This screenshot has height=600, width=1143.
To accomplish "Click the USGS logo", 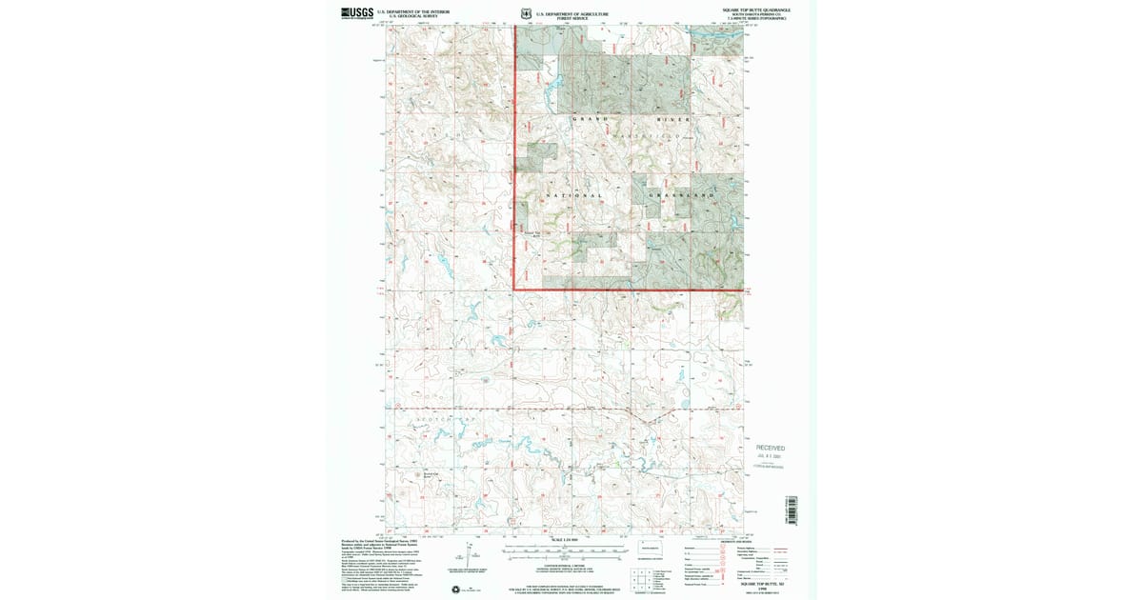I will click(358, 12).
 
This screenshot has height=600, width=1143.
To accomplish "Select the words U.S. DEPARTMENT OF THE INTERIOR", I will click(412, 10).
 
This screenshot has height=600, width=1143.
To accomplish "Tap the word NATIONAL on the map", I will click(574, 195).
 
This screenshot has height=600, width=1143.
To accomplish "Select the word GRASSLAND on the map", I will click(681, 195).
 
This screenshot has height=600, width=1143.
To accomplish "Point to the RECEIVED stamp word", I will click(771, 447).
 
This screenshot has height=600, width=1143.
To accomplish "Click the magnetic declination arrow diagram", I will click(471, 552).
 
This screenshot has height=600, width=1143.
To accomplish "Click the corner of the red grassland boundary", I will click(515, 289).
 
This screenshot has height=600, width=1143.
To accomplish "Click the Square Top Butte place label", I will click(531, 233).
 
